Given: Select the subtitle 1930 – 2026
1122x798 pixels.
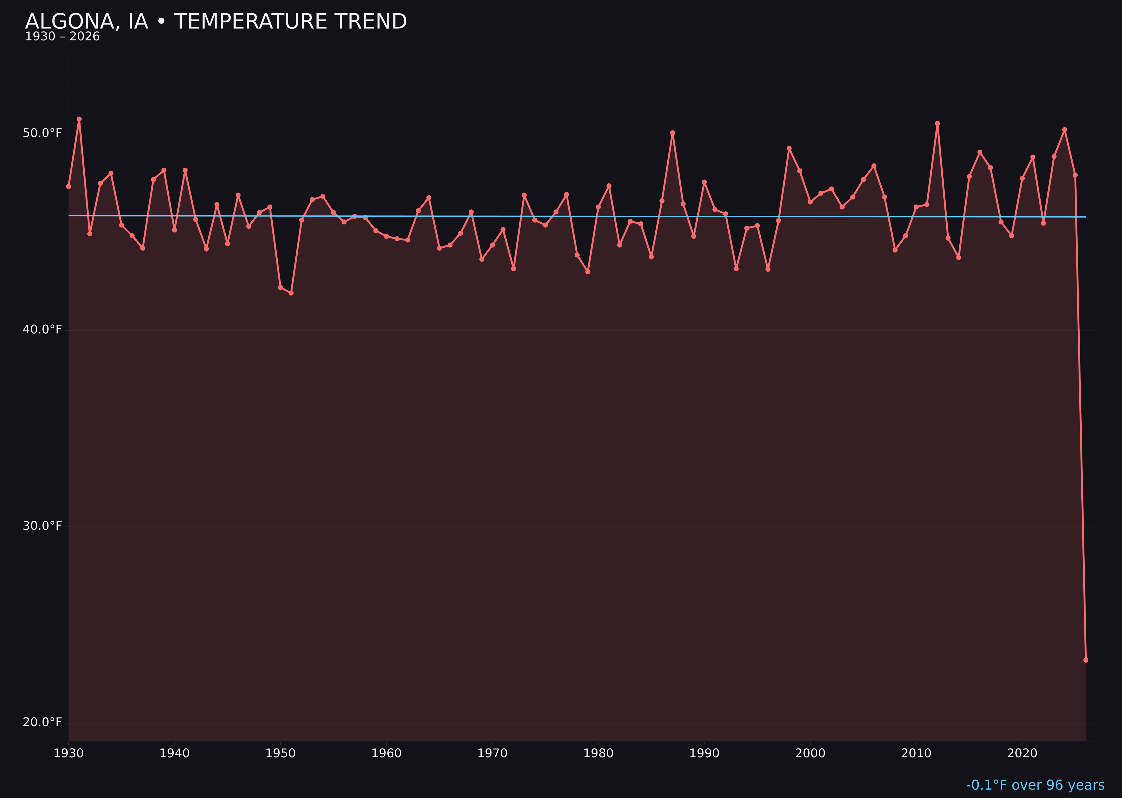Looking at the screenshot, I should [62, 37].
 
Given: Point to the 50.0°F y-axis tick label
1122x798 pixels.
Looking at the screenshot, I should [42, 133].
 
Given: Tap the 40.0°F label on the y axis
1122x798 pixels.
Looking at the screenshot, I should [42, 329].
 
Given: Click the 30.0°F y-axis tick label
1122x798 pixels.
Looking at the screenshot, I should [42, 526].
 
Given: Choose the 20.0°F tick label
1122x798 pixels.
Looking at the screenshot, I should [42, 722].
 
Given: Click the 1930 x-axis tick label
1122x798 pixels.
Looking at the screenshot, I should [68, 753].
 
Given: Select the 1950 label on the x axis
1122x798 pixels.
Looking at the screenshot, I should [280, 753].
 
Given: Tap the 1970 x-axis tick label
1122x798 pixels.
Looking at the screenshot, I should [492, 753].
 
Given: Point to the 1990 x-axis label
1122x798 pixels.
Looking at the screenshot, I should [704, 753].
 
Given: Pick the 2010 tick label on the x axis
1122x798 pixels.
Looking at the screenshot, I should [916, 753].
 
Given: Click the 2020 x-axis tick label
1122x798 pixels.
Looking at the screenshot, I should [1022, 753].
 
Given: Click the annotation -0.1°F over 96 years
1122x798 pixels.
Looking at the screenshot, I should [1035, 785].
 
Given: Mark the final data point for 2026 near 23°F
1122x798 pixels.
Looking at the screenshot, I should [1086, 660].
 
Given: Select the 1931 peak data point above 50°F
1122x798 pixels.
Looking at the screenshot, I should [79, 119].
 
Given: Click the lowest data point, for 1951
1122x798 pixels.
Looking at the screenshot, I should [291, 293].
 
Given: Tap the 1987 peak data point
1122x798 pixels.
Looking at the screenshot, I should [673, 133].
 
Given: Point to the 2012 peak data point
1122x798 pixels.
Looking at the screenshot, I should [937, 123].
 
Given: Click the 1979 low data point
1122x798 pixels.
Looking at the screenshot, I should [588, 272].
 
